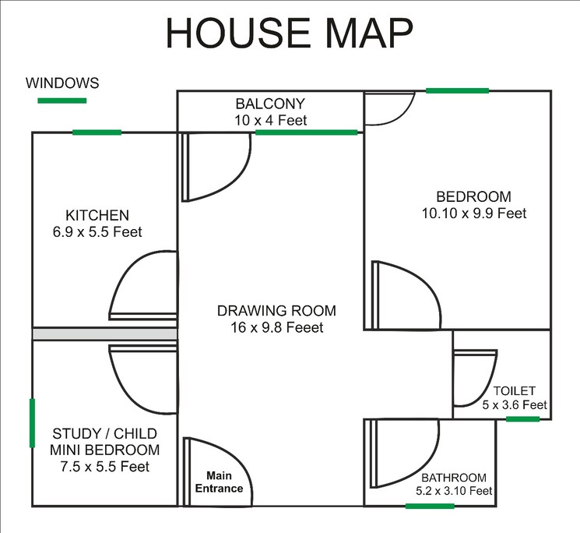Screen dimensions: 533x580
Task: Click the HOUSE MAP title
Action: click(290, 34)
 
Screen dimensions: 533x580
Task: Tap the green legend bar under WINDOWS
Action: click(62, 101)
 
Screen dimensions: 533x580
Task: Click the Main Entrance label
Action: click(224, 482)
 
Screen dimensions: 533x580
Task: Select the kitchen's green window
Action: click(97, 132)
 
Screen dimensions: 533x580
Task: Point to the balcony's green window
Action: click(306, 132)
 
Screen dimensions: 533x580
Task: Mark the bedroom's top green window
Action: click(458, 91)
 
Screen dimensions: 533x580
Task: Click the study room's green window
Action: click(32, 423)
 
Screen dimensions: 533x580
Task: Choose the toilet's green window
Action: click(522, 419)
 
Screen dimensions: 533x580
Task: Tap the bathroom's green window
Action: click(430, 507)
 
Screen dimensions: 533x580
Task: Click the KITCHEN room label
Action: click(97, 215)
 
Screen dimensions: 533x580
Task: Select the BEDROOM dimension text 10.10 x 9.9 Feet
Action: click(473, 213)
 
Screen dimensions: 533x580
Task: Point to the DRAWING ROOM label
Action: click(270, 311)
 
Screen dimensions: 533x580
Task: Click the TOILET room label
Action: click(515, 391)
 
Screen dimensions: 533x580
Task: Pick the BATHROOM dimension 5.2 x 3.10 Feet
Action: click(454, 491)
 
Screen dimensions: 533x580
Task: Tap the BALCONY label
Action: click(270, 104)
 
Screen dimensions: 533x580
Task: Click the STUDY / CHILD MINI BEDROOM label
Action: click(105, 442)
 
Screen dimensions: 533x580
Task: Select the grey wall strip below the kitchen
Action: click(105, 334)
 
